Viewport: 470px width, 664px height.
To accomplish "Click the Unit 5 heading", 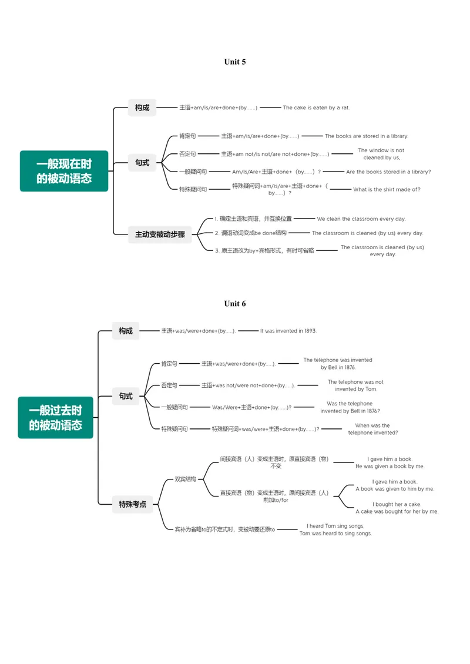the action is (x=234, y=62).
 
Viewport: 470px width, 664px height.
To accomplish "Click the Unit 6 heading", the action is (x=234, y=304).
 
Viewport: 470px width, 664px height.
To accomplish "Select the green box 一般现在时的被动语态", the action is (x=64, y=171).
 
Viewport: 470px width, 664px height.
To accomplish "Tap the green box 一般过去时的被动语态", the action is (x=55, y=418).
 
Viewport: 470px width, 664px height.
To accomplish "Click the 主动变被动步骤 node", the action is (x=160, y=234).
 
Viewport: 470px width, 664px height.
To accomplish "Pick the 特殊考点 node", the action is (x=133, y=504).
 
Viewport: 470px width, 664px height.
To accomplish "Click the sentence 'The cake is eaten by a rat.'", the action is (x=316, y=108).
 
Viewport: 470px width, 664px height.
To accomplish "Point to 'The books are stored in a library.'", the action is (x=366, y=136).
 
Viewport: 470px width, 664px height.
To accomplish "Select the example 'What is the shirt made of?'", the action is (x=387, y=190).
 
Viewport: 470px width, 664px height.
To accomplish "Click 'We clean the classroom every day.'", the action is (x=361, y=219).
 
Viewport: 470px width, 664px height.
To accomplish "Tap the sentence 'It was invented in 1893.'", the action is (x=288, y=331).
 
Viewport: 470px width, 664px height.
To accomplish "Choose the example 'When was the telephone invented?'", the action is (x=373, y=429).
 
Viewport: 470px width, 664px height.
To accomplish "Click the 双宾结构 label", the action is (x=186, y=479).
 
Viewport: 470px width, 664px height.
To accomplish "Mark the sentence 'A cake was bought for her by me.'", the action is (x=397, y=512).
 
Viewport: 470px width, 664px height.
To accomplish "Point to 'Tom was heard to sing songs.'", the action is (x=335, y=534).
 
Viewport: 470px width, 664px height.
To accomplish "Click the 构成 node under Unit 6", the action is (x=126, y=331).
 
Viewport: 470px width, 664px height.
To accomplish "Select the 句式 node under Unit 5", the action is (x=142, y=163).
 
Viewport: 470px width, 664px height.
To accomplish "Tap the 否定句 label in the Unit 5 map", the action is (x=187, y=154).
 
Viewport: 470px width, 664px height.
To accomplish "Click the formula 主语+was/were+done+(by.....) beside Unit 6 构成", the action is (x=198, y=331).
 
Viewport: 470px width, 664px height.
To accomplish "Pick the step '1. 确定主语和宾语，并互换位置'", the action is (x=253, y=219).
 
